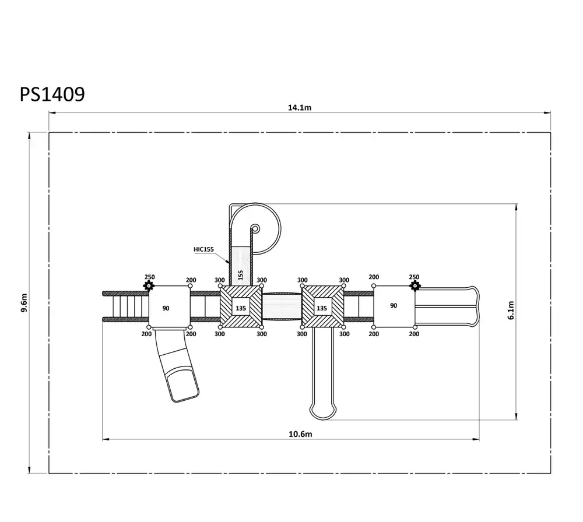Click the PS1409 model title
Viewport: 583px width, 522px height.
pyautogui.click(x=52, y=94)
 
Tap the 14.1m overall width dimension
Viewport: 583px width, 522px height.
pyautogui.click(x=299, y=108)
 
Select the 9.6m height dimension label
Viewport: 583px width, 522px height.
pyautogui.click(x=24, y=303)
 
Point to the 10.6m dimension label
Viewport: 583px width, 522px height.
pyautogui.click(x=300, y=434)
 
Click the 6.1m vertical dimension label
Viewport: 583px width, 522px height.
pyautogui.click(x=511, y=310)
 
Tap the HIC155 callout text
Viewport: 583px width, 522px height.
pyautogui.click(x=203, y=249)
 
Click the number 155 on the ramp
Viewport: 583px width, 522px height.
pyautogui.click(x=241, y=275)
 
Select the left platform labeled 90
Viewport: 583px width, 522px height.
pyautogui.click(x=170, y=306)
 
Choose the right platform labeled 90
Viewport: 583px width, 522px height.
pyautogui.click(x=394, y=306)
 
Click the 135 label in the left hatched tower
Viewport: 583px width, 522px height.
pyautogui.click(x=241, y=308)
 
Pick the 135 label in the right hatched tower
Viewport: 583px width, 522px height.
pyautogui.click(x=322, y=308)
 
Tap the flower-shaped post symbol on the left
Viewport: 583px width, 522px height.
pyautogui.click(x=149, y=285)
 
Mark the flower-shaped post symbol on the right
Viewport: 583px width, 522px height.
pyautogui.click(x=415, y=285)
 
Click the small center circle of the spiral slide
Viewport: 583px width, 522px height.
pyautogui.click(x=255, y=228)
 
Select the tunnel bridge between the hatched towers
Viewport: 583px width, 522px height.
pyautogui.click(x=282, y=306)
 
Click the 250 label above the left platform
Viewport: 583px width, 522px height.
pyautogui.click(x=149, y=277)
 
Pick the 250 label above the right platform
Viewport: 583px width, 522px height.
pyautogui.click(x=414, y=277)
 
